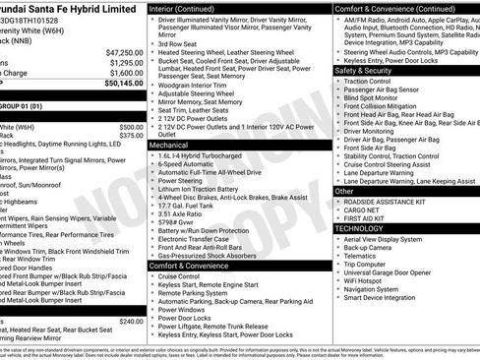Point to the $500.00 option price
click(131, 127)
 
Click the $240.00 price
click(131, 322)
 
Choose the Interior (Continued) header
click(190, 8)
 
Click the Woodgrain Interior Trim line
click(197, 86)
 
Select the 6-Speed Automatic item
click(191, 163)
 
